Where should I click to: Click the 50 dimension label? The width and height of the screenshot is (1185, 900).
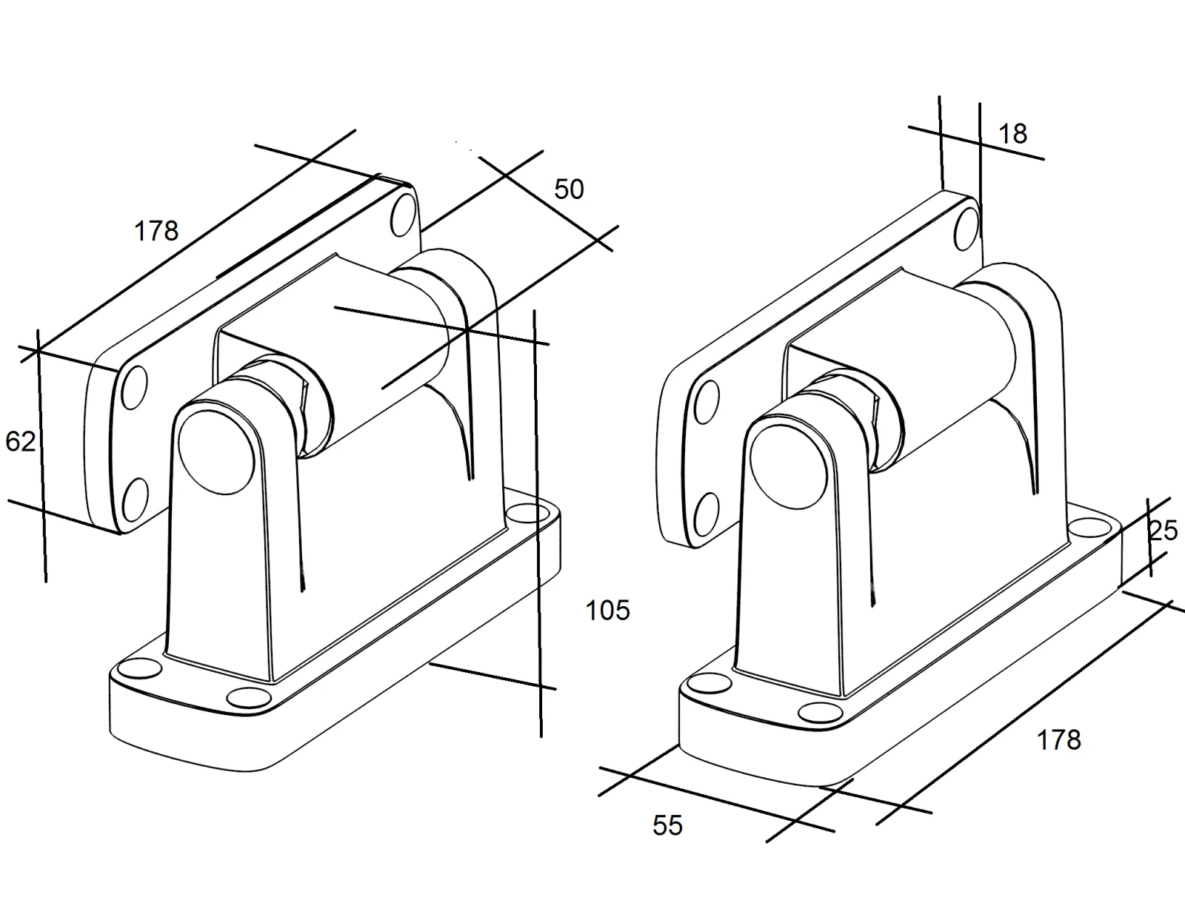point(569,189)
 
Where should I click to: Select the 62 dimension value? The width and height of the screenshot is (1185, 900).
point(21,442)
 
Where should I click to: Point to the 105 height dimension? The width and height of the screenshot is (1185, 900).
point(607,611)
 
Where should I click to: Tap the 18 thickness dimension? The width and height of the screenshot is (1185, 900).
point(1012,134)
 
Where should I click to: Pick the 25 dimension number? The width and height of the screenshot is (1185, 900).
point(1163,531)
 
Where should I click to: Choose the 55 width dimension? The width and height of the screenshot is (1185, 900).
point(668,825)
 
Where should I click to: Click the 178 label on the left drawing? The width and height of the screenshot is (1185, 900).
point(156,232)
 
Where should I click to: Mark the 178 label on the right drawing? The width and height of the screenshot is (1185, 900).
point(1058,740)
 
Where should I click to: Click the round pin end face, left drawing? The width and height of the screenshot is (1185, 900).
point(216,452)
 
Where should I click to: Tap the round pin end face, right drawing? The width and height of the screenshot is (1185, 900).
point(789,466)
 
